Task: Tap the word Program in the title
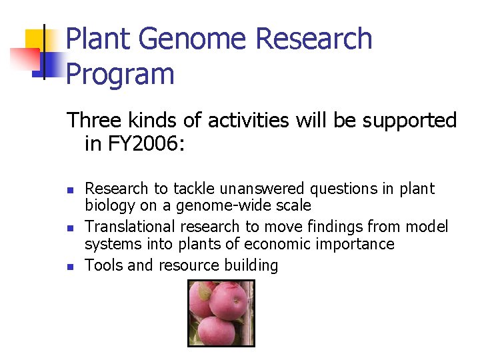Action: click(121, 73)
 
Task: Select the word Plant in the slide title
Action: click(101, 39)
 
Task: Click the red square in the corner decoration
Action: click(23, 57)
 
